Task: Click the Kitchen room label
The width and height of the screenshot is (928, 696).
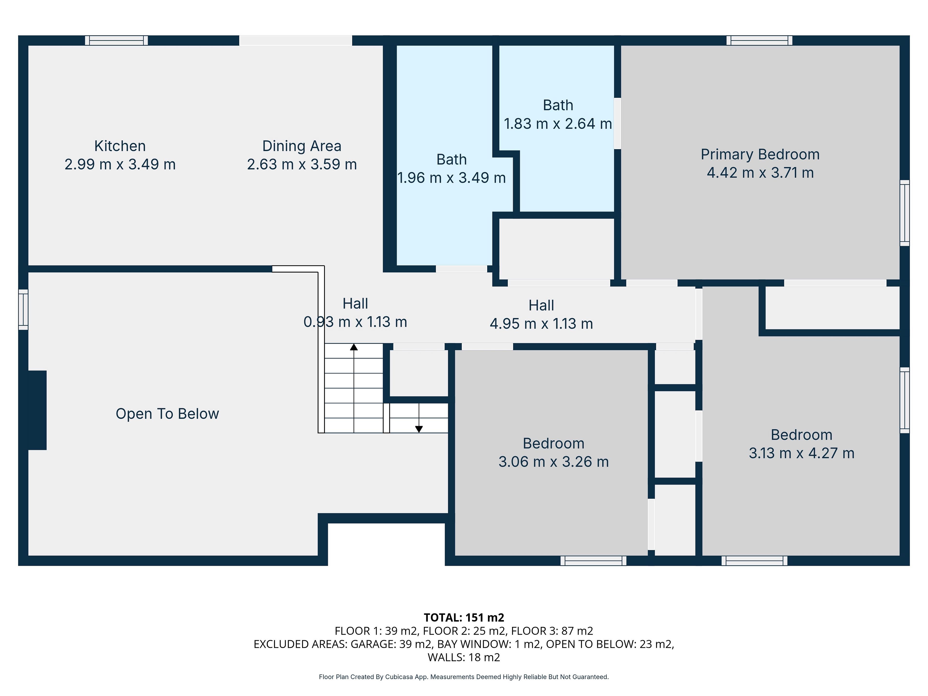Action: pyautogui.click(x=120, y=146)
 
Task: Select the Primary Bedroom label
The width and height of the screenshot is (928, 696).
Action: pyautogui.click(x=760, y=154)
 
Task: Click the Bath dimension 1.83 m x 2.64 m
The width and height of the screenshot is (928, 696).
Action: pyautogui.click(x=558, y=124)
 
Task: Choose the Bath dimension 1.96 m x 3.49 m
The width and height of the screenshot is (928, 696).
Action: pyautogui.click(x=451, y=178)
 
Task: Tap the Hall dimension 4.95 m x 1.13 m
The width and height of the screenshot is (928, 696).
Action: pyautogui.click(x=541, y=324)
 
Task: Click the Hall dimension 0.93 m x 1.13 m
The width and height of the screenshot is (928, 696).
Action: pyautogui.click(x=355, y=322)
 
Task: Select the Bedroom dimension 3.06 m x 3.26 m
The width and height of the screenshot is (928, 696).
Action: pyautogui.click(x=553, y=462)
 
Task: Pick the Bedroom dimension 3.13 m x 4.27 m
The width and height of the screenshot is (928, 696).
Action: pyautogui.click(x=801, y=453)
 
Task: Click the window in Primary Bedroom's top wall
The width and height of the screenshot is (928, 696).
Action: pyautogui.click(x=759, y=40)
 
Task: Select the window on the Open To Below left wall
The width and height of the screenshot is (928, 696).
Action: pyautogui.click(x=23, y=310)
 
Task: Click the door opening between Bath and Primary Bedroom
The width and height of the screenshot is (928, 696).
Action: pyautogui.click(x=617, y=123)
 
